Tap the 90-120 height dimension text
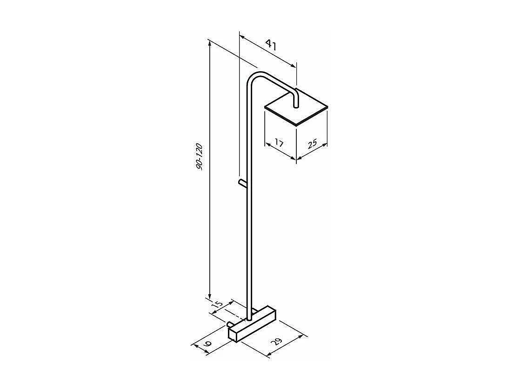point(200,156)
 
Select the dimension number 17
point(279,142)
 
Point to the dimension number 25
point(312,143)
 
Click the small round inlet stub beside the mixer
point(230,324)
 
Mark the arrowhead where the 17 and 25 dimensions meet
point(296,158)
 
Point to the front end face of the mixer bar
point(234,334)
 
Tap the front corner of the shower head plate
point(296,125)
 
